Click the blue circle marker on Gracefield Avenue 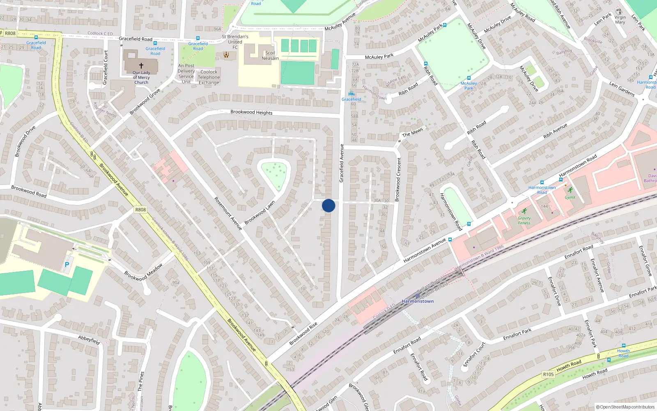(x=328, y=205)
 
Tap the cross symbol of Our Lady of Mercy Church (x=141, y=65)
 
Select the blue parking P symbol (x=67, y=265)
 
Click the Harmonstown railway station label (x=418, y=301)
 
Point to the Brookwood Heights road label (x=251, y=112)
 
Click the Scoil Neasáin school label (x=270, y=55)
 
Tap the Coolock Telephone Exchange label (x=209, y=77)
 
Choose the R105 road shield (x=548, y=374)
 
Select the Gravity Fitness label (x=524, y=221)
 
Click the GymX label (x=570, y=197)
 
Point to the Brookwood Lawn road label (x=260, y=213)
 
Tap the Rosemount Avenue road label (x=228, y=213)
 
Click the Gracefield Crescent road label (x=398, y=179)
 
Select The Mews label (x=412, y=132)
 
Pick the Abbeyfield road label (x=89, y=340)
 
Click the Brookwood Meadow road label (x=143, y=272)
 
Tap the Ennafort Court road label (x=474, y=354)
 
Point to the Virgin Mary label (x=620, y=20)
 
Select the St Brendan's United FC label (x=235, y=42)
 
